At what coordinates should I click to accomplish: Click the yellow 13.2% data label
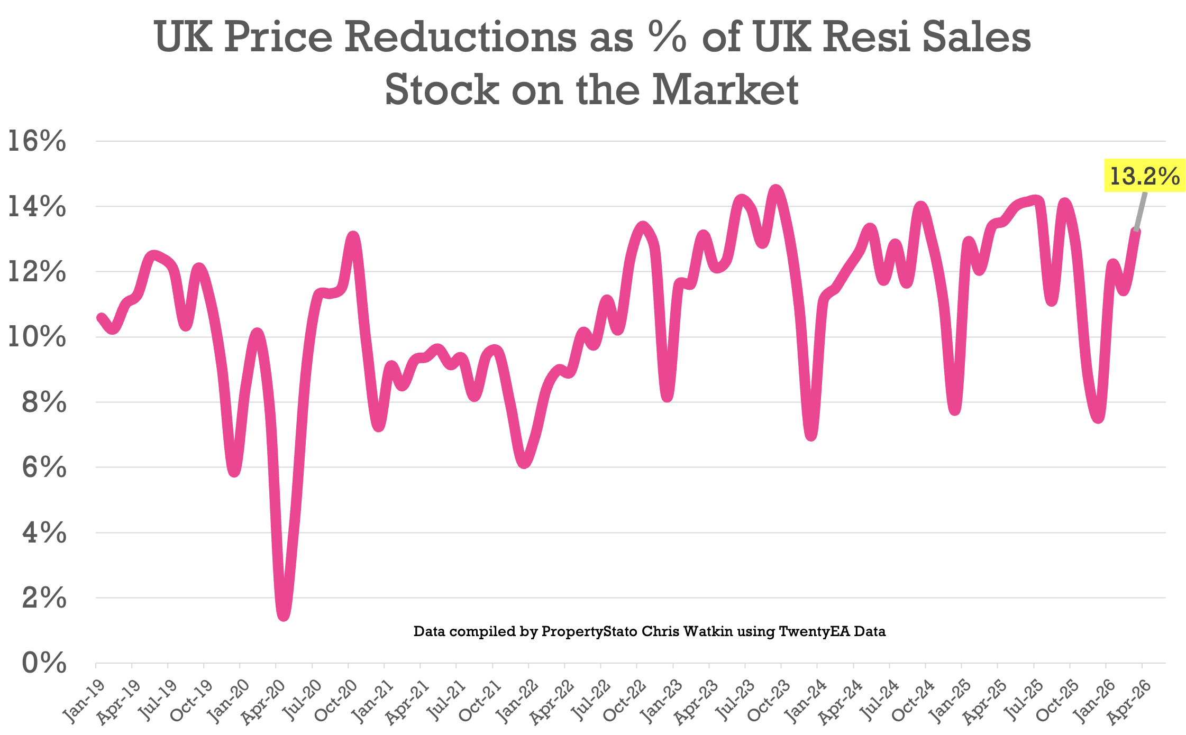pyautogui.click(x=1144, y=176)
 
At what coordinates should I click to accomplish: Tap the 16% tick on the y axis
pyautogui.click(x=37, y=142)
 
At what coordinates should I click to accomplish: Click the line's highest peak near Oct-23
pyautogui.click(x=776, y=190)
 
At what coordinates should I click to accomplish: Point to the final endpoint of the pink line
pyautogui.click(x=1136, y=232)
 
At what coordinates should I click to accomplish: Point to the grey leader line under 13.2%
pyautogui.click(x=1141, y=210)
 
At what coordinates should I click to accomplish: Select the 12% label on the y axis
pyautogui.click(x=37, y=272)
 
